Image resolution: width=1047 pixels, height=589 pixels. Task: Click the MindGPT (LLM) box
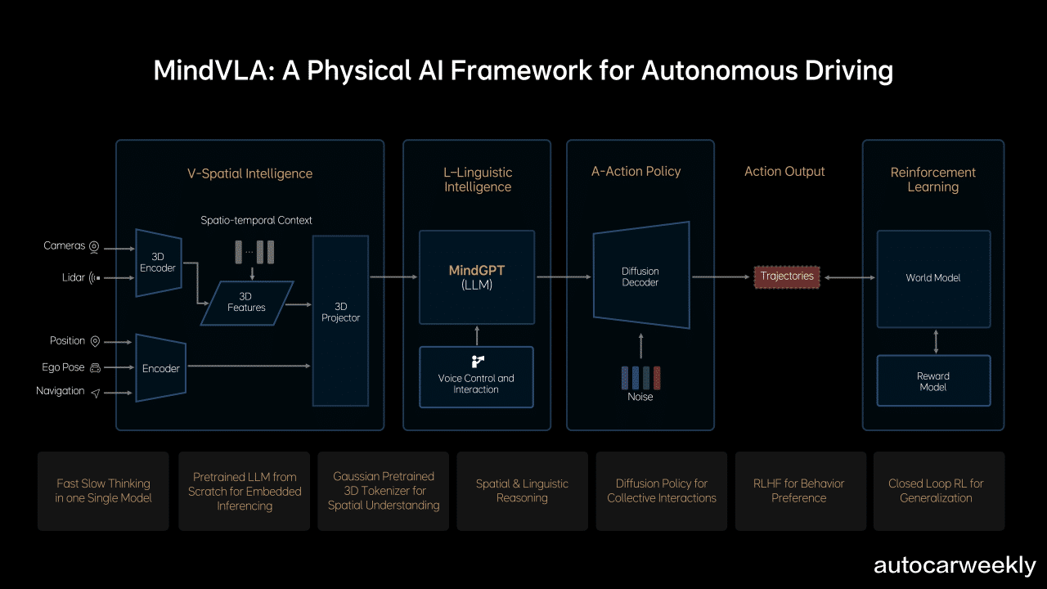click(476, 277)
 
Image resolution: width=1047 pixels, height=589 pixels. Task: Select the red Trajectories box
click(787, 277)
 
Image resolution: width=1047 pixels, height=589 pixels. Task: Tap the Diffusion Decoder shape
click(640, 277)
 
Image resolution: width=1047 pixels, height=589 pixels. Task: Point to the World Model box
click(932, 278)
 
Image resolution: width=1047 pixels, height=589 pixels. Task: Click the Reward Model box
click(932, 381)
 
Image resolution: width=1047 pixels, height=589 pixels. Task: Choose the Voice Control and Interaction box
click(476, 378)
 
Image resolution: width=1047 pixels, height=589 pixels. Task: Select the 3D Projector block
click(340, 321)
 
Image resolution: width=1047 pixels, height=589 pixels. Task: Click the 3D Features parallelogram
click(246, 303)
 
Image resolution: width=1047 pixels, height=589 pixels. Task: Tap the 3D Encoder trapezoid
click(158, 262)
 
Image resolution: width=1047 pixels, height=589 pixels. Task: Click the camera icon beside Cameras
click(95, 246)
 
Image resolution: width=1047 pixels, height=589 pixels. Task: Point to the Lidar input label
click(73, 278)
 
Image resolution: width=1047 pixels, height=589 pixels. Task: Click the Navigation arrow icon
click(96, 393)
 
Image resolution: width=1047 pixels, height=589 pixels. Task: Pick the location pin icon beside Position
click(95, 342)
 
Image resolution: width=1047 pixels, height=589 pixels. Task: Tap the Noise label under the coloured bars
click(640, 397)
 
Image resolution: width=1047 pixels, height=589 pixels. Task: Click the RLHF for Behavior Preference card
click(800, 491)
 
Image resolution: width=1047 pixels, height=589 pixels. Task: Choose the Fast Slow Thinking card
click(103, 491)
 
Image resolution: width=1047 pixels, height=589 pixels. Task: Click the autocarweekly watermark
click(954, 565)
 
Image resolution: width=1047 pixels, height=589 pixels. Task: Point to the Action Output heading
click(784, 172)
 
